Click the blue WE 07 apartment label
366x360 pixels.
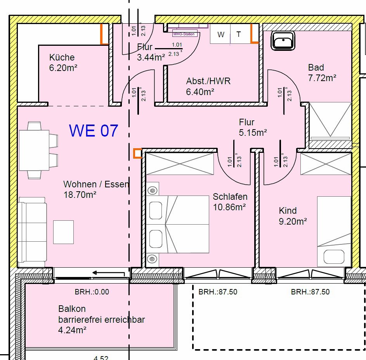pos(93,131)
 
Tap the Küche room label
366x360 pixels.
pos(62,57)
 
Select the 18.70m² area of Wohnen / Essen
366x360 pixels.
pos(80,195)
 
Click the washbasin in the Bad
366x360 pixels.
pos(283,40)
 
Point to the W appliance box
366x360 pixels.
pos(221,35)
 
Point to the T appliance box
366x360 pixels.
pos(239,35)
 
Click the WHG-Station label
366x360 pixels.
pos(185,34)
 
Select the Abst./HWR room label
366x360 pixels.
pos(208,81)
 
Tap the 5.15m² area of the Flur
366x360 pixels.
pos(253,133)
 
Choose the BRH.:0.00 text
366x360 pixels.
pos(92,292)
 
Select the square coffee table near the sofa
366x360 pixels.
pos(63,232)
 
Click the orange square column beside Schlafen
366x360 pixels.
pos(137,154)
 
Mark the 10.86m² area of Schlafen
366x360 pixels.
pos(229,207)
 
